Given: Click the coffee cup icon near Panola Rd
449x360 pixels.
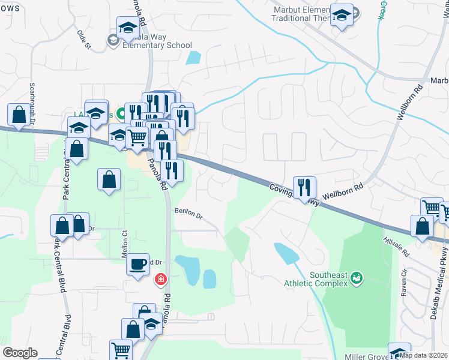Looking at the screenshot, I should click(x=137, y=264).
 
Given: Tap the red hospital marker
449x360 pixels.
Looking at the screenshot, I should click(x=160, y=278).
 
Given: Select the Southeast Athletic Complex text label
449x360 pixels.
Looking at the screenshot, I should click(x=328, y=280).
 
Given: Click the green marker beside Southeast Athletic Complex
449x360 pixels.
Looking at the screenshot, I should click(x=357, y=277).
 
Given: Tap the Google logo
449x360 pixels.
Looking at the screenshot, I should click(x=20, y=353).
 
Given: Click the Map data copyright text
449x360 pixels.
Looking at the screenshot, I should click(x=423, y=355).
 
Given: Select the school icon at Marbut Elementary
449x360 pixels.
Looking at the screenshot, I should click(x=342, y=16).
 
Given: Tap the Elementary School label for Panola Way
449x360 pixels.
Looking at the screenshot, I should click(x=157, y=45).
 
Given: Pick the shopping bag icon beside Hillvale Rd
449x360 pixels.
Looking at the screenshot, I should click(x=422, y=226).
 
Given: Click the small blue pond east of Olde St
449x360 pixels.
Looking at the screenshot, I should click(x=193, y=58).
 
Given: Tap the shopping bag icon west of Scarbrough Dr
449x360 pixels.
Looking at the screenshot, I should click(x=19, y=115).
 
